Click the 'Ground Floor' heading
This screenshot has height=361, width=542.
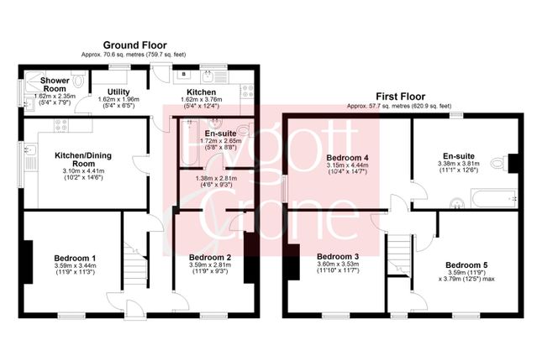click(x=134, y=44)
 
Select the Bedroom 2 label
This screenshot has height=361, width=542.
click(x=209, y=256)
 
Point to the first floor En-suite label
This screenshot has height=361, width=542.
click(x=459, y=156)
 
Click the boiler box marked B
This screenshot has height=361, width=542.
click(x=183, y=74)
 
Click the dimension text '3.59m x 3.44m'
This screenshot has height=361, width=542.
click(x=75, y=265)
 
